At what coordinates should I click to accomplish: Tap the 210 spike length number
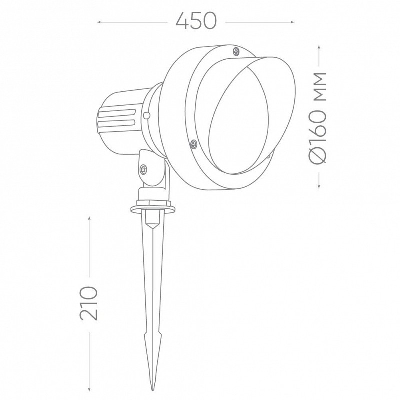point(88,303)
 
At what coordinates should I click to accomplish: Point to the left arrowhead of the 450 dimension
point(99,22)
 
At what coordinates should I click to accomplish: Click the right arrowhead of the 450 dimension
point(293,22)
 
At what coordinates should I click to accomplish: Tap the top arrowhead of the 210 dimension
point(89,218)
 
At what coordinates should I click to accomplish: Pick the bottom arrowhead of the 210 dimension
point(89,389)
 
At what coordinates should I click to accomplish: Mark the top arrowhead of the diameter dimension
point(319,47)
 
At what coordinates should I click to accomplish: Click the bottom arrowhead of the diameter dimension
point(319,187)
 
